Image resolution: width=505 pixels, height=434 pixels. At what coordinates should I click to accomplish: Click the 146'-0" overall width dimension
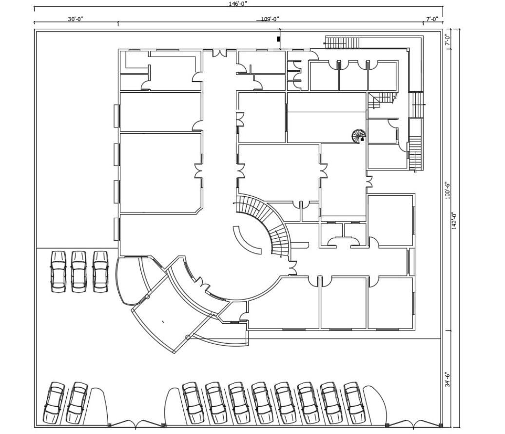[x=238, y=3]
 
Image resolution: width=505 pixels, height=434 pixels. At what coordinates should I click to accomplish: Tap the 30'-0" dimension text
[x=76, y=19]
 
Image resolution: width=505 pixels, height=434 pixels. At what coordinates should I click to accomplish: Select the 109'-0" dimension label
[x=270, y=19]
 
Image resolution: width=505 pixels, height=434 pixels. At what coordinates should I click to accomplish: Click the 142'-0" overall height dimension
[x=455, y=222]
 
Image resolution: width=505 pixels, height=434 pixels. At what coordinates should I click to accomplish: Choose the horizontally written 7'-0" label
[x=432, y=19]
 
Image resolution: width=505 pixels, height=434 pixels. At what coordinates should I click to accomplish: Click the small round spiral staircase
[x=359, y=135]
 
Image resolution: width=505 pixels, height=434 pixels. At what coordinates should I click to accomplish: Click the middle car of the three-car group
[x=79, y=271]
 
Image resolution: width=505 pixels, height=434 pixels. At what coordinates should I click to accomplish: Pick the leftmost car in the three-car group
[x=58, y=271]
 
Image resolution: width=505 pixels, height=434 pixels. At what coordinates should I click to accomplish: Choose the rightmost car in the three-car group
[x=100, y=271]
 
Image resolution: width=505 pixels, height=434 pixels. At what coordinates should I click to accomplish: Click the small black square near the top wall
[x=278, y=39]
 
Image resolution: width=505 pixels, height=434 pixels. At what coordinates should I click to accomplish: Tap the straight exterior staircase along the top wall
[x=343, y=43]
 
